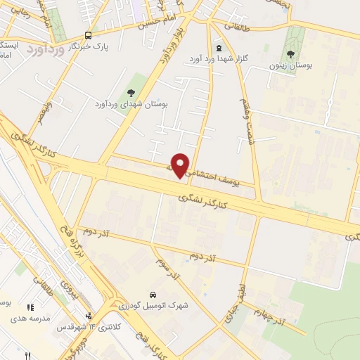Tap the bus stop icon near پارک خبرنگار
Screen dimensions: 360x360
click(88, 35)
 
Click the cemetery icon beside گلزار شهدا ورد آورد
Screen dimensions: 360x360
click(218, 48)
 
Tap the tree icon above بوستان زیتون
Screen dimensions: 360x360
click(290, 54)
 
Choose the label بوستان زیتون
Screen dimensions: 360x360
click(290, 65)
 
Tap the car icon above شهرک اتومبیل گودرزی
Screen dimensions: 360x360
click(153, 295)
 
